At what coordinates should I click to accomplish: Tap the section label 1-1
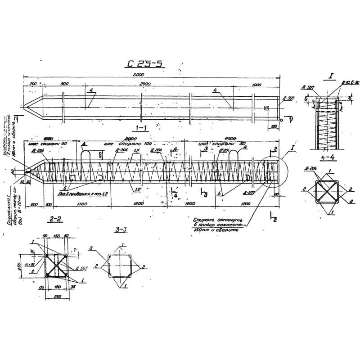click(x=141, y=127)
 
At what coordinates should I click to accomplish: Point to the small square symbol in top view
click(x=266, y=108)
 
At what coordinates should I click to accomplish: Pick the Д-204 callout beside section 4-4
click(x=309, y=169)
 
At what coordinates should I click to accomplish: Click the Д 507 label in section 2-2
click(x=81, y=269)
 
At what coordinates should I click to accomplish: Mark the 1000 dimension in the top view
click(x=256, y=84)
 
